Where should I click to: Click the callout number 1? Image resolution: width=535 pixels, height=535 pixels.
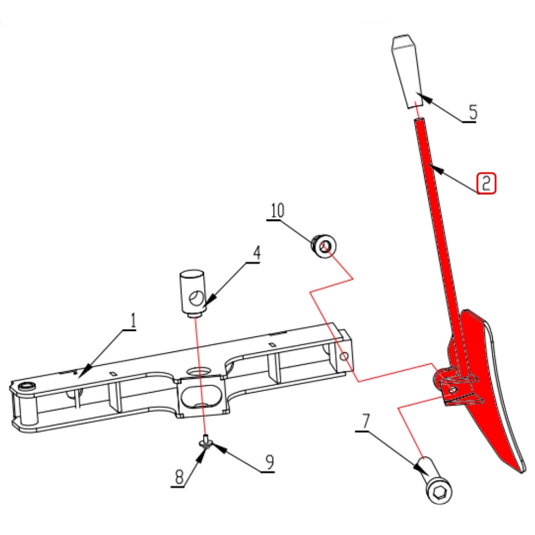[x=133, y=321]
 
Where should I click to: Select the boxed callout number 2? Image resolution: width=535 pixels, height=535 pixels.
[x=486, y=183]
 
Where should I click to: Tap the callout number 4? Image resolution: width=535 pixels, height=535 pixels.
[x=257, y=253]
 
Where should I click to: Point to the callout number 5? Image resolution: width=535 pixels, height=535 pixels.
[x=473, y=112]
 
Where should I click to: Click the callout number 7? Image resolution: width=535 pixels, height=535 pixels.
[x=365, y=422]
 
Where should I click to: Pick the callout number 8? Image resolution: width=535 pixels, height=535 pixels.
[x=179, y=477]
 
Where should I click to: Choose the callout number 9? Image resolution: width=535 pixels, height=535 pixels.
[x=270, y=462]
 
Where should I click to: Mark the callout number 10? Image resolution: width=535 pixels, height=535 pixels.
[x=278, y=211]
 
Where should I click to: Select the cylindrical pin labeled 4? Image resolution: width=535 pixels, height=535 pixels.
[x=193, y=294]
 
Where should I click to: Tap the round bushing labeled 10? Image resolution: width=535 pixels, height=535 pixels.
[x=324, y=245]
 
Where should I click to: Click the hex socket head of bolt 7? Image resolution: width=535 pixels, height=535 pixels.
[x=439, y=492]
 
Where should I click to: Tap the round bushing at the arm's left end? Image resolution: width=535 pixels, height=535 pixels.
[x=27, y=387]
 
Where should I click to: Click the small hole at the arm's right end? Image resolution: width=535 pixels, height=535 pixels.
[x=344, y=357]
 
